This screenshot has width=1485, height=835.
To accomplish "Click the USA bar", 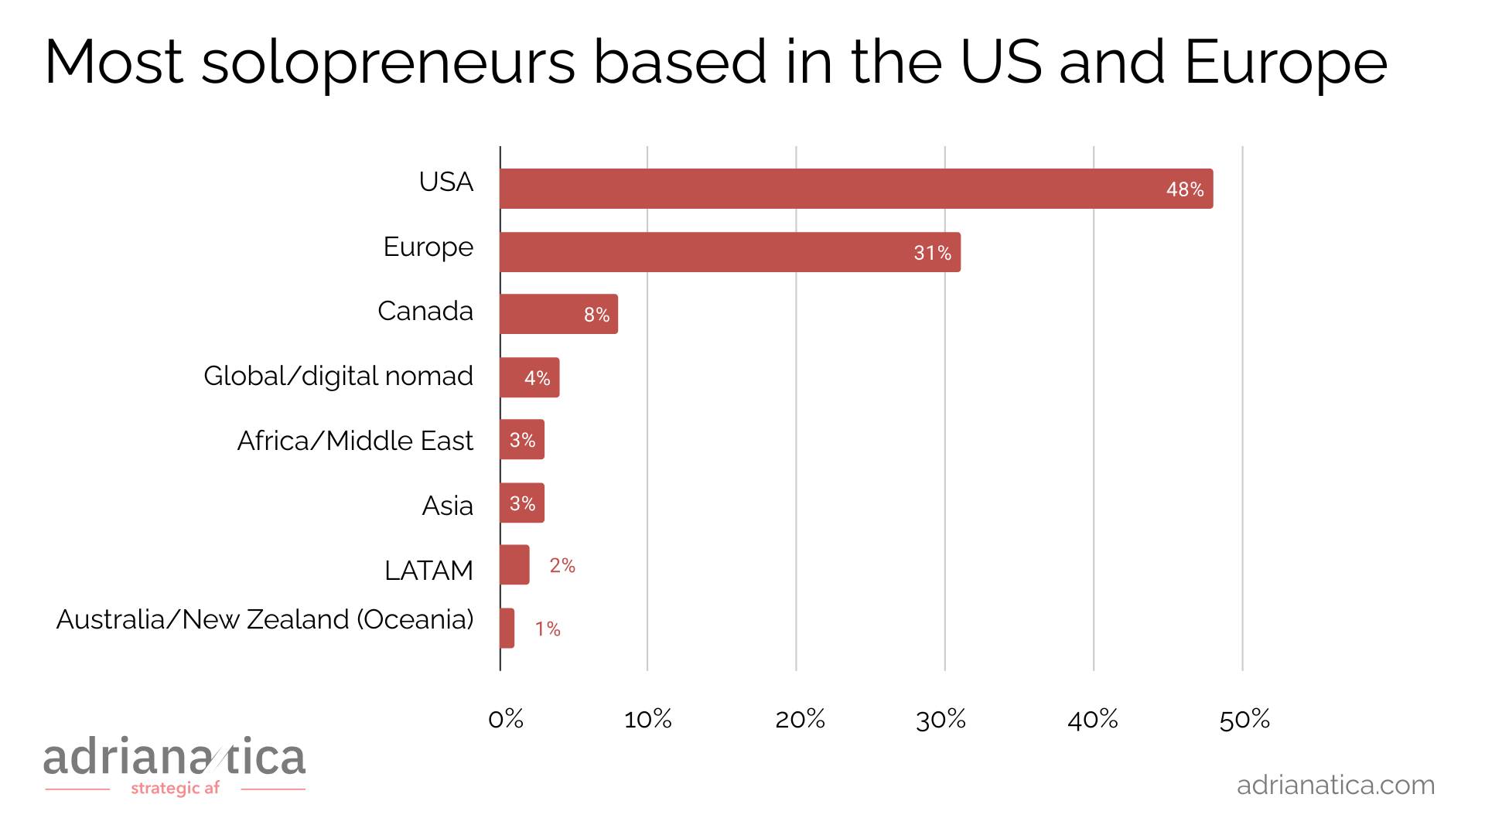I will pos(856,189).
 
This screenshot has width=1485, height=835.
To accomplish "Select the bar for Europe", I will pos(730,252).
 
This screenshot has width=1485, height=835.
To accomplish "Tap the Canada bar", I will pos(558,314).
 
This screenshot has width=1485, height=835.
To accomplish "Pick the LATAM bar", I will pos(514,565).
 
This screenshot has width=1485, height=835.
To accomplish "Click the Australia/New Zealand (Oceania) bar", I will pos(507,629).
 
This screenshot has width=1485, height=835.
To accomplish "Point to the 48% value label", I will pos(1185,189).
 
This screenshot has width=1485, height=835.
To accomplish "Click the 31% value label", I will pos(932,253).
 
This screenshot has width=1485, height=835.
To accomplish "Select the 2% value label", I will pos(562,566).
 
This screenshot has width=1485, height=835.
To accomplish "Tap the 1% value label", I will pos(548,629).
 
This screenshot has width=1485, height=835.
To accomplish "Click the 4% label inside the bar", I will pos(537,378).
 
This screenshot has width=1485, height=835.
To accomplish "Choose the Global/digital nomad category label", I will pos(338,377).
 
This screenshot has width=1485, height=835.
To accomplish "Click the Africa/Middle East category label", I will pos(355,441).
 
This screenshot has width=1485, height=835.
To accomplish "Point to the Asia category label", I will pos(447,506).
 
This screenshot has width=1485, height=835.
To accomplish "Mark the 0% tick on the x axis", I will pos(506,720).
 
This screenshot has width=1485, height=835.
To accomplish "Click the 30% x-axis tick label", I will pos(940,720).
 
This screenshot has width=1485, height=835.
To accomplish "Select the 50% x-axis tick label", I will pos(1244,720).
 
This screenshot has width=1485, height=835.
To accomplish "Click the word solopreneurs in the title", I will pos(388,62).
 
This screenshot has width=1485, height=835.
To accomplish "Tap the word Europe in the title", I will pos(1285,62).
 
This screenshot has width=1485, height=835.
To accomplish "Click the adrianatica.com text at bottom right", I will pos(1336,785).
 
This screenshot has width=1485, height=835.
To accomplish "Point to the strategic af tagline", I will pos(176,789).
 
